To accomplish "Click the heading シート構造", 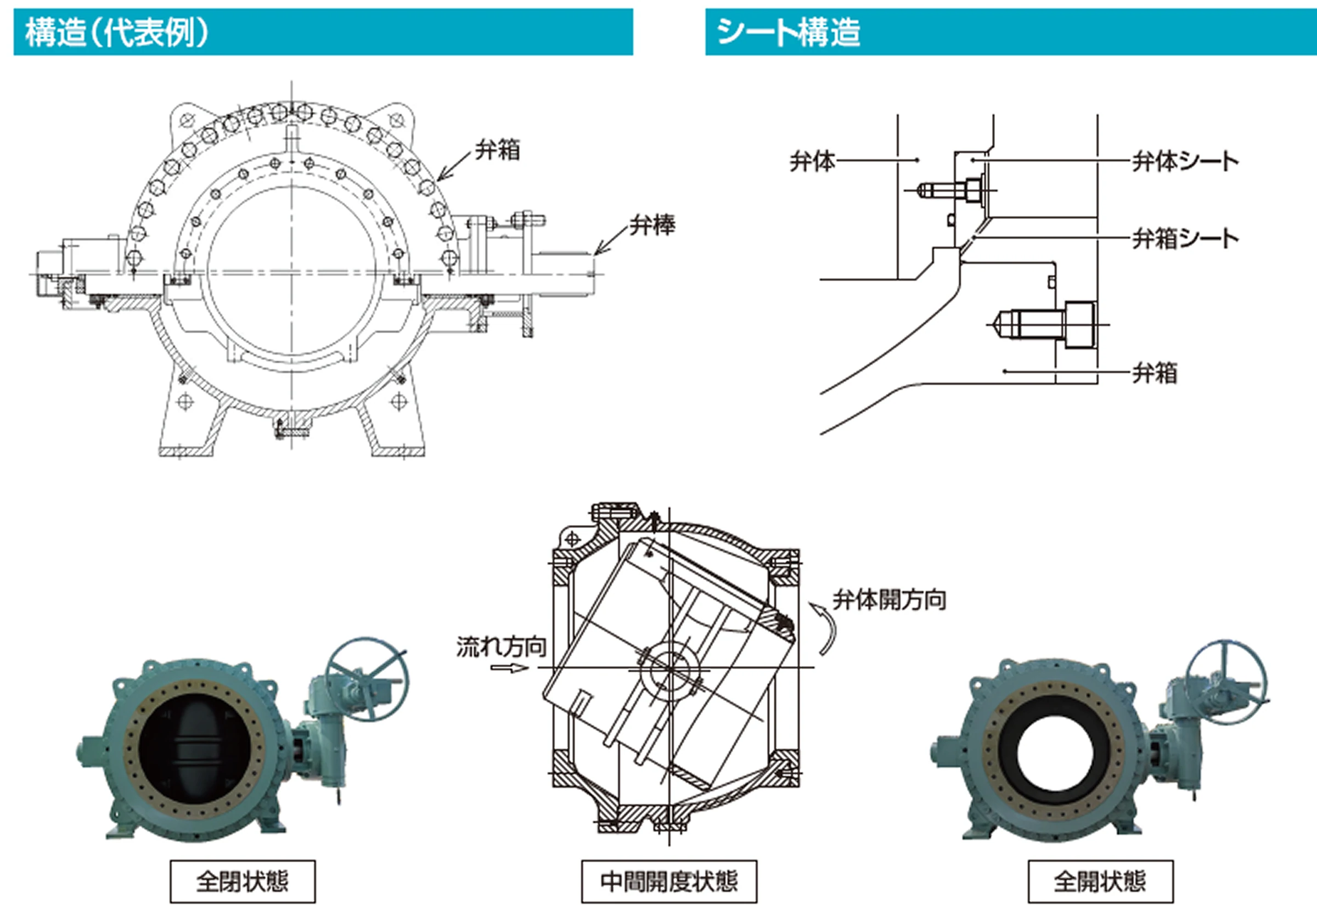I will coord(788,32).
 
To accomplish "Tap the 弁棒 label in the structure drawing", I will coord(652,225).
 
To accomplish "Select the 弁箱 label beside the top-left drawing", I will coord(497,150).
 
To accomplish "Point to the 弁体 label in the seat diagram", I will coord(812,162).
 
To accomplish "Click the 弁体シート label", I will coord(1185,162).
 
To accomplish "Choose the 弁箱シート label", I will coord(1185,238).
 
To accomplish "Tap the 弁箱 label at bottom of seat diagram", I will coord(1154,373).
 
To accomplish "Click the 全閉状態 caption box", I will coord(242,881).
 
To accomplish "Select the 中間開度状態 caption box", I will coord(669,881).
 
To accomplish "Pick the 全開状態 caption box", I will coord(1100,881).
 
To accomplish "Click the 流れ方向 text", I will coord(501,646).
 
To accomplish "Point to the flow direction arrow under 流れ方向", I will coord(509,668).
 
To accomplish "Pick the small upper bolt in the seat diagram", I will coord(949,190).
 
